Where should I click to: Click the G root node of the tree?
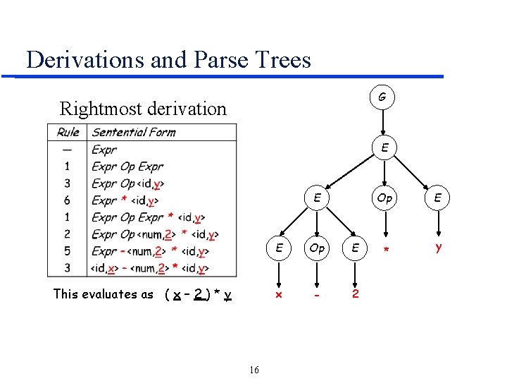click(382, 96)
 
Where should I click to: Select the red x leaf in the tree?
click(278, 294)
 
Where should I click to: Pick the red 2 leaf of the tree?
click(355, 294)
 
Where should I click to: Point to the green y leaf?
click(438, 248)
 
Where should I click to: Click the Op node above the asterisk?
click(384, 198)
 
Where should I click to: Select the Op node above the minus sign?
click(318, 248)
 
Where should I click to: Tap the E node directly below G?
click(384, 147)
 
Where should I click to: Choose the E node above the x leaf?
click(280, 248)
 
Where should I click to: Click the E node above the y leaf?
click(438, 198)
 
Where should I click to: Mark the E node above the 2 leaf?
click(356, 248)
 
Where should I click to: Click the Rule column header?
click(68, 132)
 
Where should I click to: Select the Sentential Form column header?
click(134, 132)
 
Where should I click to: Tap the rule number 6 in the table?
click(67, 200)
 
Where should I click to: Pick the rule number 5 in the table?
click(67, 251)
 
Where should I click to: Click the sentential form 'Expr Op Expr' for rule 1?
click(127, 167)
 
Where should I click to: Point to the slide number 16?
click(254, 370)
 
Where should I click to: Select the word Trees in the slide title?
click(279, 59)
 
